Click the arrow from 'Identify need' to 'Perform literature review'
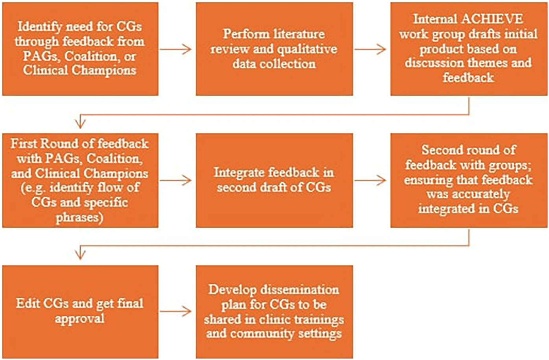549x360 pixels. pyautogui.click(x=176, y=49)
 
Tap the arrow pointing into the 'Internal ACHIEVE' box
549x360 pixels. pyautogui.click(x=370, y=49)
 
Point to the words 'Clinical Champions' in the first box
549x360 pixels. pyautogui.click(x=80, y=70)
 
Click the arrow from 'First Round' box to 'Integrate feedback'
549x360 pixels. pyautogui.click(x=176, y=180)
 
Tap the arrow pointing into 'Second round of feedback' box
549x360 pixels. pyautogui.click(x=370, y=180)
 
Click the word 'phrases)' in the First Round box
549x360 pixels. pyautogui.click(x=79, y=217)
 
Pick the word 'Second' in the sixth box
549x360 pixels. pyautogui.click(x=443, y=150)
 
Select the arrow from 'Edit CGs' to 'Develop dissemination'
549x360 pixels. pyautogui.click(x=176, y=312)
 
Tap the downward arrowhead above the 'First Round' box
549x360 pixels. pyautogui.click(x=80, y=124)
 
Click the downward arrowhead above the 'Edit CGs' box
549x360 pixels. pyautogui.click(x=80, y=255)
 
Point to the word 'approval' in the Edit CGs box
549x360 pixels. pyautogui.click(x=80, y=318)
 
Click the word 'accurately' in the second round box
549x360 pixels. pyautogui.click(x=468, y=194)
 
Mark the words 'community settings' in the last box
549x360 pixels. pyautogui.click(x=286, y=334)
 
